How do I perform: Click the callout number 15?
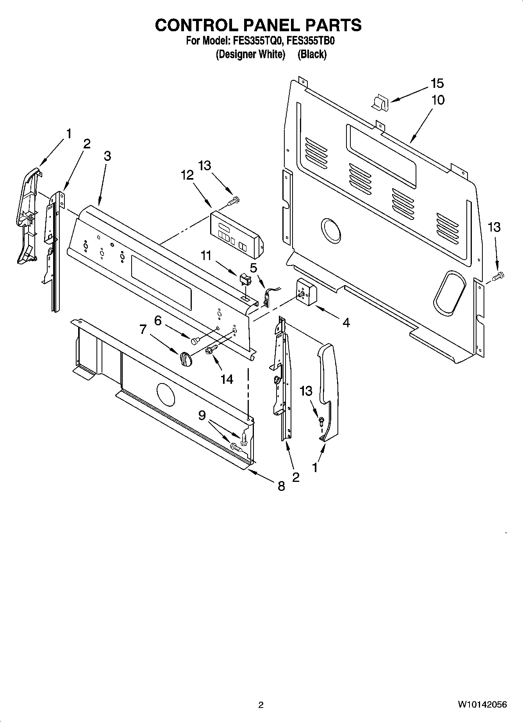pos(437,83)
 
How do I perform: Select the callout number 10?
pos(438,100)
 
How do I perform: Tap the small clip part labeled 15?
pos(378,103)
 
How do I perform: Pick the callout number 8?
pos(281,486)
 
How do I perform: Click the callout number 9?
pos(202,415)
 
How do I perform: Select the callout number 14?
pos(227,379)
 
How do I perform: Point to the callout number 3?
pos(107,156)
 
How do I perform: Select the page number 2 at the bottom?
pos(261,705)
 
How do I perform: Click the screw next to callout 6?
pos(195,340)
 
